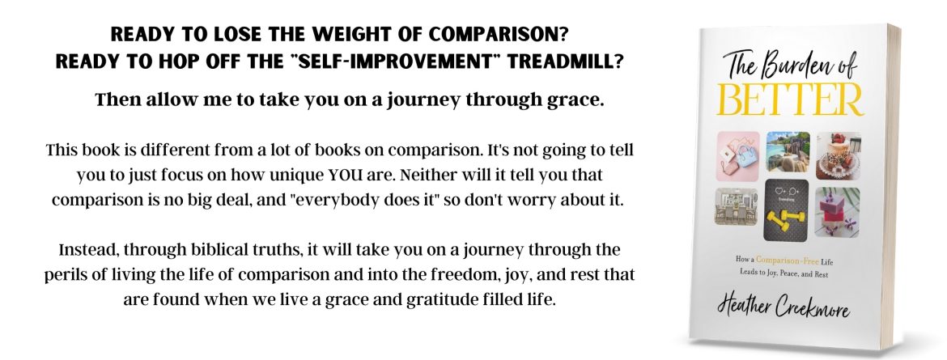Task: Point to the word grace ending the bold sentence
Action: coord(580,101)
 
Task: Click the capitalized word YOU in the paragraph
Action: coord(343,176)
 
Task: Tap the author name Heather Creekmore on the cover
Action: coord(784,307)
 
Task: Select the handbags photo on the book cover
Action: coord(737,156)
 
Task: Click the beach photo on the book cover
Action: coord(788,152)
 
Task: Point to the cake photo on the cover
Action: coord(839,156)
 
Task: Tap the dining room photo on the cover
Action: coord(737,206)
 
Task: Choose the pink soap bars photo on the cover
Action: coord(837,212)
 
